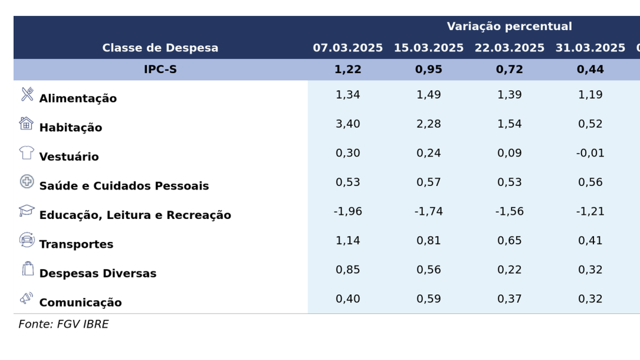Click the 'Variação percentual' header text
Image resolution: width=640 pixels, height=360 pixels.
[x=509, y=26]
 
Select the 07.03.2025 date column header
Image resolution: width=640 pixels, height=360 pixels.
[x=347, y=48]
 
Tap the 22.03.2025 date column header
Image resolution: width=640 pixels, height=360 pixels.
[x=509, y=48]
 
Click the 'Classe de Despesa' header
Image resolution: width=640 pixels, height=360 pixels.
[x=160, y=48]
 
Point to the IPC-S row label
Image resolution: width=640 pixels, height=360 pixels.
[x=160, y=69]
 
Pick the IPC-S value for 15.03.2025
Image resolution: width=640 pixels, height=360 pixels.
[x=428, y=69]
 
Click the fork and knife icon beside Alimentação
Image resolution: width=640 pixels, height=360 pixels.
[x=27, y=94]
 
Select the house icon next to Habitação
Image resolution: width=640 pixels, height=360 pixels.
[x=26, y=123]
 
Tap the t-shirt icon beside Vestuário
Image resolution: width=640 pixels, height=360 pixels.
[x=26, y=152]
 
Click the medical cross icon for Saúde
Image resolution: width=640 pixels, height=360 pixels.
[x=26, y=181]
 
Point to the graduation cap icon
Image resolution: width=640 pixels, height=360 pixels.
[x=26, y=210]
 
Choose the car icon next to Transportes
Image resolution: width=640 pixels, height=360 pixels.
[x=26, y=240]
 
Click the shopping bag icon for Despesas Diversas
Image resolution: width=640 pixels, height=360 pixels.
[x=27, y=268]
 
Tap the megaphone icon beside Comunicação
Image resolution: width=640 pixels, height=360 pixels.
[x=26, y=298]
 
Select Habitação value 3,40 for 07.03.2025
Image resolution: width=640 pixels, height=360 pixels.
[x=347, y=123]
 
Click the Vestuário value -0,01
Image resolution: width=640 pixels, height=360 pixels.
[x=590, y=152]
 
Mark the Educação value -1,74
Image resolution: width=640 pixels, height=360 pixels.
[x=428, y=211]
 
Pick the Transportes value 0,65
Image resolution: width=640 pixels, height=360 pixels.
[x=509, y=240]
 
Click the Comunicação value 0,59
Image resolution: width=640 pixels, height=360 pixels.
[x=428, y=298]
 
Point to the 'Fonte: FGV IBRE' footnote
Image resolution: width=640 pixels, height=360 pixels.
[x=63, y=324]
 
